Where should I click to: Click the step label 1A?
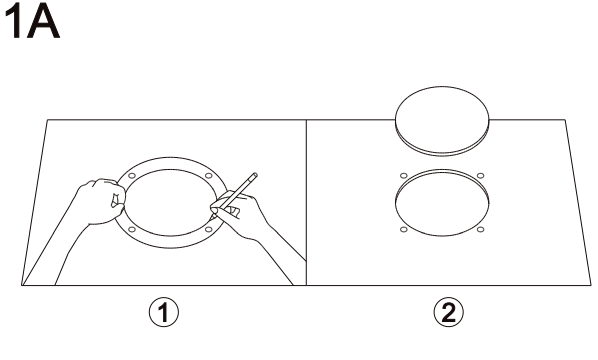pyautogui.click(x=32, y=22)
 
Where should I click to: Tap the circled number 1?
pyautogui.click(x=164, y=313)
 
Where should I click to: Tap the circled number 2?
pyautogui.click(x=448, y=313)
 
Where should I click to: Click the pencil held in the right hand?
pyautogui.click(x=234, y=195)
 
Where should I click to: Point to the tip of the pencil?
pyautogui.click(x=211, y=219)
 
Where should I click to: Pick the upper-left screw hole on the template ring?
pyautogui.click(x=132, y=176)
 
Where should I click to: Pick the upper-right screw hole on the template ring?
pyautogui.click(x=209, y=176)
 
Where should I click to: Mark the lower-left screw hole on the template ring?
pyautogui.click(x=132, y=230)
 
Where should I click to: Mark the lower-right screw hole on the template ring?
pyautogui.click(x=209, y=230)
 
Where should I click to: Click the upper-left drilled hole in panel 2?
pyautogui.click(x=404, y=176)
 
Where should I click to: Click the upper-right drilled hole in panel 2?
pyautogui.click(x=481, y=176)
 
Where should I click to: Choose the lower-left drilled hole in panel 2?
pyautogui.click(x=404, y=230)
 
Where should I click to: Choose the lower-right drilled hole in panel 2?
pyautogui.click(x=481, y=230)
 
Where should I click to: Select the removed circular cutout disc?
pyautogui.click(x=442, y=121)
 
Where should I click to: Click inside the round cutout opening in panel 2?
pyautogui.click(x=442, y=203)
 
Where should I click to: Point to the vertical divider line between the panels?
pyautogui.click(x=306, y=202)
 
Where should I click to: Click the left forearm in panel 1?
pyautogui.click(x=71, y=252)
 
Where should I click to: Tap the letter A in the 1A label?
pyautogui.click(x=43, y=22)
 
